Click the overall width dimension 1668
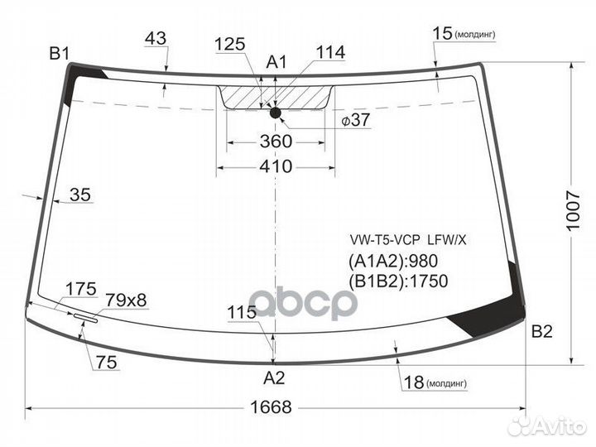271,407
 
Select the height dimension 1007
574,211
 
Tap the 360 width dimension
276,142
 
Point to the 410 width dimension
276,166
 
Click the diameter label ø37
355,120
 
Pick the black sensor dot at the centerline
275,113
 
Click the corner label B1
60,54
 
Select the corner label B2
542,331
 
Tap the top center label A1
276,62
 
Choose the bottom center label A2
274,377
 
